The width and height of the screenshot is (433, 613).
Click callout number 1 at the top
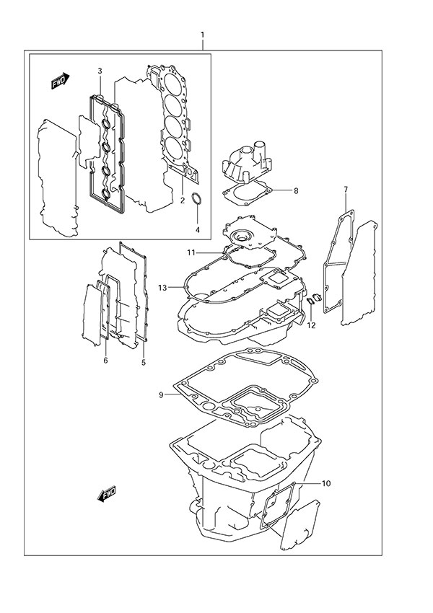point(203,35)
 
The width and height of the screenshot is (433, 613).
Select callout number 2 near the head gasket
point(183,200)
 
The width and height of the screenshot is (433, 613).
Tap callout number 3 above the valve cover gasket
point(100,70)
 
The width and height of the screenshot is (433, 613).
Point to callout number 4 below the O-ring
point(198,230)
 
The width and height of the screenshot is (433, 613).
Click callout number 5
point(143,361)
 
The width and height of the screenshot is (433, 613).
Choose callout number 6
point(105,360)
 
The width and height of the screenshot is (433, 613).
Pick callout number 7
point(346,190)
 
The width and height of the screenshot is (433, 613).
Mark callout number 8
point(295,191)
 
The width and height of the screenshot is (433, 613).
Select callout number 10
point(325,483)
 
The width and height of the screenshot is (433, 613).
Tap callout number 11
point(191,252)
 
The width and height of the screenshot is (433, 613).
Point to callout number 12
point(311,325)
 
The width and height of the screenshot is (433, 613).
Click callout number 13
point(163,288)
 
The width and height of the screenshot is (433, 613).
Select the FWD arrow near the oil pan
point(106,495)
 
